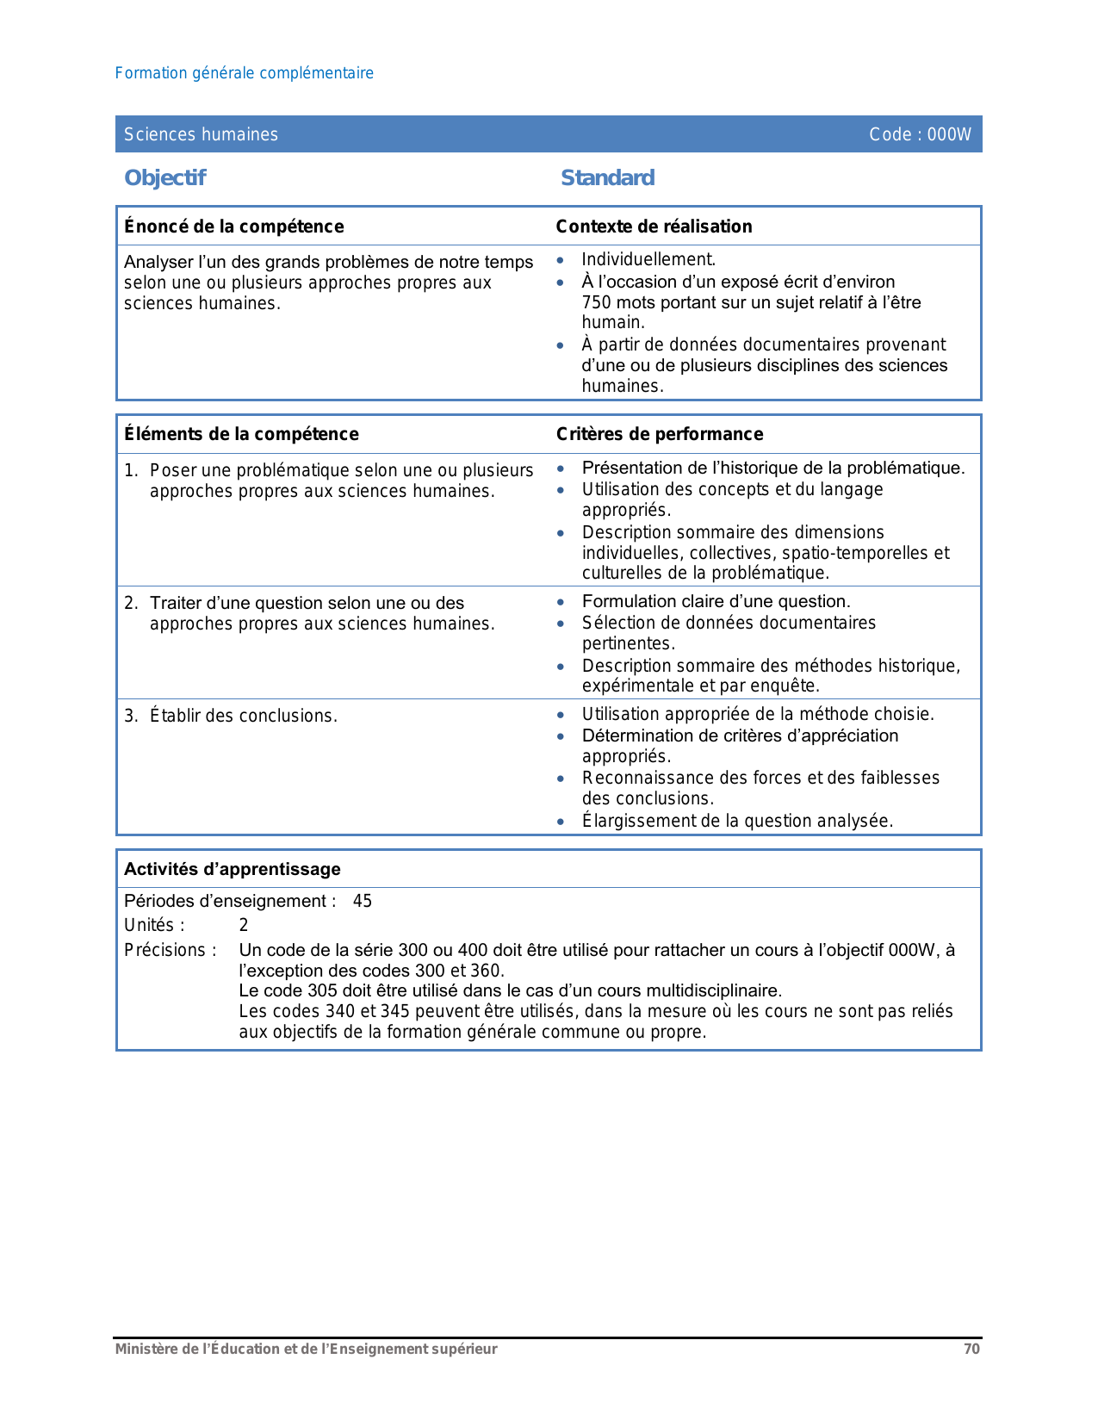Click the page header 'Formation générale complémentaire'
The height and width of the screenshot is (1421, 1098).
[244, 73]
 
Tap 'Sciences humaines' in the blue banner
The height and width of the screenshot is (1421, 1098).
[201, 134]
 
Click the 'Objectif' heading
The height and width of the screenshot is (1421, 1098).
[164, 177]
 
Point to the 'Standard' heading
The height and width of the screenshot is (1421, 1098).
[607, 177]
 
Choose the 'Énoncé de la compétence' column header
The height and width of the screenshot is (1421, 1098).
[233, 226]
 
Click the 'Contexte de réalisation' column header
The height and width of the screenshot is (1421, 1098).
[654, 226]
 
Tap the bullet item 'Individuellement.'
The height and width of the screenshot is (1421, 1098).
[648, 259]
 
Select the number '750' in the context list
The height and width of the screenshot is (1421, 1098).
[596, 302]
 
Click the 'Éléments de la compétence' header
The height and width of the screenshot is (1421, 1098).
[241, 434]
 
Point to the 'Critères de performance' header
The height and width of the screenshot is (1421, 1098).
[659, 434]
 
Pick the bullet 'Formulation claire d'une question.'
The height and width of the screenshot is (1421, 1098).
[716, 601]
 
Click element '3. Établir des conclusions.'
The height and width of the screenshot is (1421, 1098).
[230, 716]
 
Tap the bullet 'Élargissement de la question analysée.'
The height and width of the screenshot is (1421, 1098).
[737, 821]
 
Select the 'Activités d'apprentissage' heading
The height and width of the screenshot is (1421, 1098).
[233, 869]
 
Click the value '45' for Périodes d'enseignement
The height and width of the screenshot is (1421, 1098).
[363, 901]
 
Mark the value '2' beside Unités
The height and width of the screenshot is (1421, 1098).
[244, 925]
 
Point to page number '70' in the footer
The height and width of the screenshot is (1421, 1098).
[971, 1349]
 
